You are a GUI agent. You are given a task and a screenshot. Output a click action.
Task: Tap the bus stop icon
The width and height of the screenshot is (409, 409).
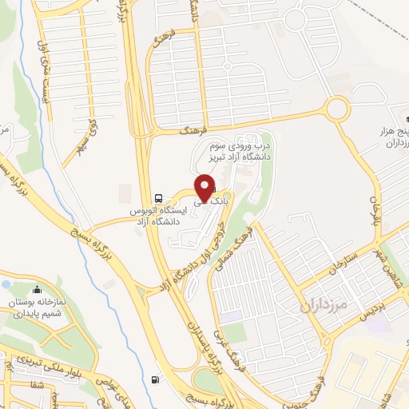(x=158, y=197)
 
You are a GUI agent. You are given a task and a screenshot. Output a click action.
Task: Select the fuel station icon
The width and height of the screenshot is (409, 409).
(x=153, y=379)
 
